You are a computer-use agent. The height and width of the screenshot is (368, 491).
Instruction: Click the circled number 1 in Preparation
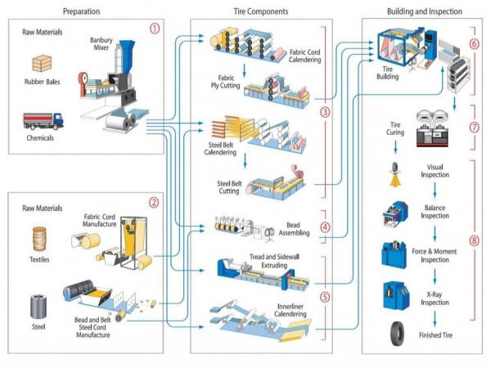click(155, 29)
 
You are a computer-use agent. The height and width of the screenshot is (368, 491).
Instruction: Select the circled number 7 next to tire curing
click(475, 128)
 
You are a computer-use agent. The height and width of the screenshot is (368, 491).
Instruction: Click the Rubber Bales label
click(40, 82)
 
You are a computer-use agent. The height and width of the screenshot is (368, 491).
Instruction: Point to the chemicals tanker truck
click(42, 121)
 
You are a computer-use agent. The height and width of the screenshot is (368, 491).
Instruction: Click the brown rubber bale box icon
click(40, 63)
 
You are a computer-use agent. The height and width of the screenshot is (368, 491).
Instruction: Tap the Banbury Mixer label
click(102, 43)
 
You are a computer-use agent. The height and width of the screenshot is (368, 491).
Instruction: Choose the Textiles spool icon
click(39, 240)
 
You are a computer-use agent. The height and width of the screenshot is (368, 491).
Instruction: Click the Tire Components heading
click(261, 11)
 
